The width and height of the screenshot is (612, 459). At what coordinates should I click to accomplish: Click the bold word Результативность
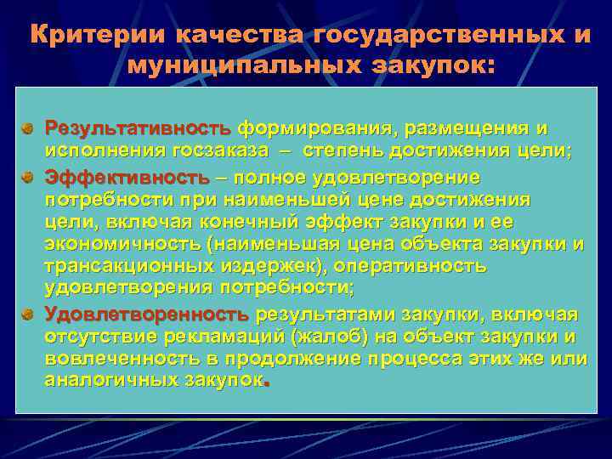(138, 129)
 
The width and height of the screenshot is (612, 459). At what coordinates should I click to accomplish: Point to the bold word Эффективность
(126, 178)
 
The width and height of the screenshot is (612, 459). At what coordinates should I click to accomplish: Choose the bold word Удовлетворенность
(146, 314)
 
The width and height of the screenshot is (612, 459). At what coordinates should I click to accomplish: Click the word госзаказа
(215, 151)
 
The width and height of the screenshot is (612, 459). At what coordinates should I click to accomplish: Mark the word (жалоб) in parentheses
(327, 337)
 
